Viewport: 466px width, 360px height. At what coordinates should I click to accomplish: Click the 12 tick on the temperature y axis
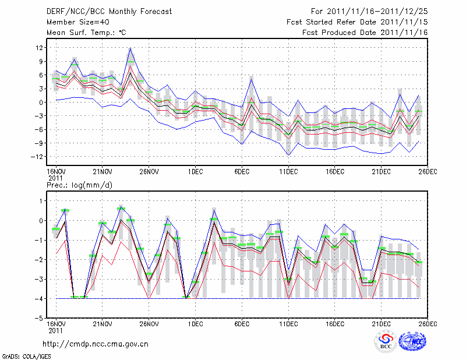pos(40,48)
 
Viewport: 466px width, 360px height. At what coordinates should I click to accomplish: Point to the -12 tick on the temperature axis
pos(37,157)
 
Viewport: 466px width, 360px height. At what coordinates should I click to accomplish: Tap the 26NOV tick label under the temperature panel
pos(149,172)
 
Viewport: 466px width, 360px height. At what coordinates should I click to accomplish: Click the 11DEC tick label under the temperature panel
pos(288,172)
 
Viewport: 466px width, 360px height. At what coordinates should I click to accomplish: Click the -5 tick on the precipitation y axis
pos(39,319)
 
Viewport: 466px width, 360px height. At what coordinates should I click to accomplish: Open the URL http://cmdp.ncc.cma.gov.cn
pos(96,344)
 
